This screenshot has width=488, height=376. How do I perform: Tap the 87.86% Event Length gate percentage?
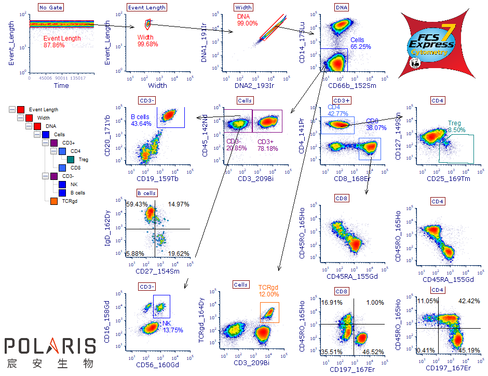click(x=54, y=45)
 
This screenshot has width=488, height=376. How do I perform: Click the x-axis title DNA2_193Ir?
click(x=253, y=85)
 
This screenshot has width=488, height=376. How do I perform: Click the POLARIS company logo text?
click(x=50, y=346)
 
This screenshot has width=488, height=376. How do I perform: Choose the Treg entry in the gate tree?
click(x=83, y=160)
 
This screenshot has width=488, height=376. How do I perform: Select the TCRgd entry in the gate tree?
click(x=70, y=200)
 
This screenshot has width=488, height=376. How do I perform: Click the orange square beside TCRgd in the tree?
click(x=53, y=200)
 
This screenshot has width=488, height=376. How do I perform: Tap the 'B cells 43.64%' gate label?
click(x=141, y=121)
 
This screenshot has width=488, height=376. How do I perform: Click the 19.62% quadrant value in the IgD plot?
click(x=178, y=254)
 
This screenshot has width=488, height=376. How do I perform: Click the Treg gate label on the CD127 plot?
click(x=456, y=127)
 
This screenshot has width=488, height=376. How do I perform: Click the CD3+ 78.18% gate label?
click(x=268, y=145)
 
